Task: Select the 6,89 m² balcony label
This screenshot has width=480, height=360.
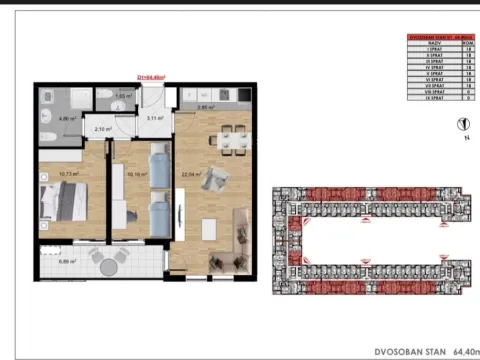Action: [68, 261]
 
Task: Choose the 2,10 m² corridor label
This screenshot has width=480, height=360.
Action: [102, 129]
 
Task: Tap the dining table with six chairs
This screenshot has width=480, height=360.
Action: [234, 139]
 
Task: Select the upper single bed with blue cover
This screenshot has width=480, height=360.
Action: [156, 164]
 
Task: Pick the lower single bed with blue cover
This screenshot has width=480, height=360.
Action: [156, 212]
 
